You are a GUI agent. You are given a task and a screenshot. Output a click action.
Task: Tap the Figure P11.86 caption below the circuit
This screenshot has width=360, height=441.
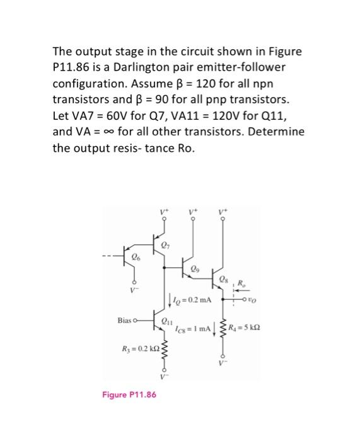pos(129,395)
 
